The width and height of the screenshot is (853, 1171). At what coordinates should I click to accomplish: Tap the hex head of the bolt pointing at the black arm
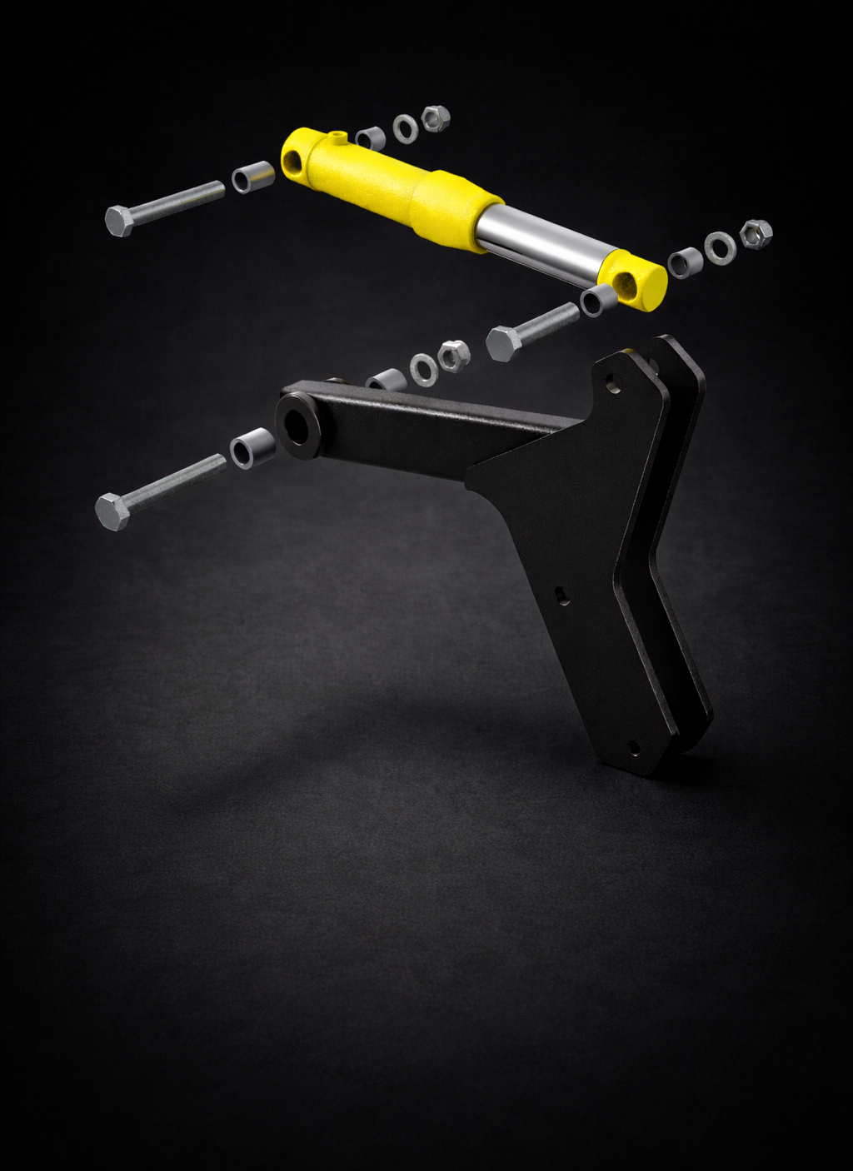pyautogui.click(x=111, y=511)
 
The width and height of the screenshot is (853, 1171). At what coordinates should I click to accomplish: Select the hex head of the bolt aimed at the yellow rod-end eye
pyautogui.click(x=502, y=343)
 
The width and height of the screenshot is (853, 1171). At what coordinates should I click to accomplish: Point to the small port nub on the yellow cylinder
pyautogui.click(x=337, y=136)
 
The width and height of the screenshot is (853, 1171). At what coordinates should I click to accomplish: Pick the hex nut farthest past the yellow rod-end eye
pyautogui.click(x=756, y=234)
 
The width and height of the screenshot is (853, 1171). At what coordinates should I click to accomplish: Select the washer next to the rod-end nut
pyautogui.click(x=720, y=246)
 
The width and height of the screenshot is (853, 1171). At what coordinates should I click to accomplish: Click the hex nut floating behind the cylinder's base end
pyautogui.click(x=436, y=117)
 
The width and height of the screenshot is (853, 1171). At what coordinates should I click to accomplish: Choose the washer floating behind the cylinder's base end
pyautogui.click(x=406, y=128)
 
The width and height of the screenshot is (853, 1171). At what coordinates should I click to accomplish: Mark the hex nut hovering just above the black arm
pyautogui.click(x=453, y=356)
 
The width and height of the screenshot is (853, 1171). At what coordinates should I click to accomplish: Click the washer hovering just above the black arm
pyautogui.click(x=423, y=369)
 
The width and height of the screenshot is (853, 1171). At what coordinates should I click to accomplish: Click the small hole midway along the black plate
pyautogui.click(x=563, y=595)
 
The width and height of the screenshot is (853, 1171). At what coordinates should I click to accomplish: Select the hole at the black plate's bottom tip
pyautogui.click(x=633, y=748)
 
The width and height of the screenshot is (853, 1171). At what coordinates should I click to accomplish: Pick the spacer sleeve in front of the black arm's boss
pyautogui.click(x=251, y=449)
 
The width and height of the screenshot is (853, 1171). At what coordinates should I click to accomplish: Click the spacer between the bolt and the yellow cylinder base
pyautogui.click(x=252, y=177)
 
